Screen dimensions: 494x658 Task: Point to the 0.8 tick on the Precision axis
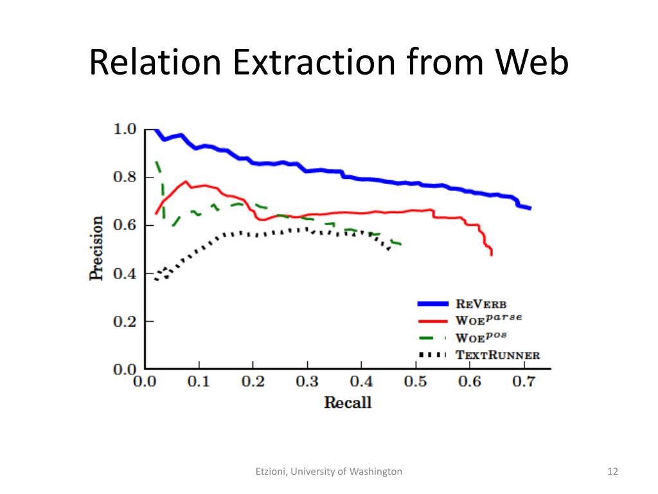coord(125,177)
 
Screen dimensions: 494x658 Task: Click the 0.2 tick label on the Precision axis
coord(125,321)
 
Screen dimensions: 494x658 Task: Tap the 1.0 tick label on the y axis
coord(125,129)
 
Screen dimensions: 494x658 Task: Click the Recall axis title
coord(348,403)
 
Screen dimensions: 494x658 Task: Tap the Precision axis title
coord(96,248)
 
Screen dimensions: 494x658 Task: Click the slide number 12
coord(612,471)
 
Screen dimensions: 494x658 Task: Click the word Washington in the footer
coord(377,471)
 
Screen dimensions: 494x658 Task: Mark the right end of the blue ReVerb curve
coord(529,208)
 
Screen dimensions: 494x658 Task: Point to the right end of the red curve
coord(492,255)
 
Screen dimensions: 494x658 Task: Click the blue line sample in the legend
coord(432,304)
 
